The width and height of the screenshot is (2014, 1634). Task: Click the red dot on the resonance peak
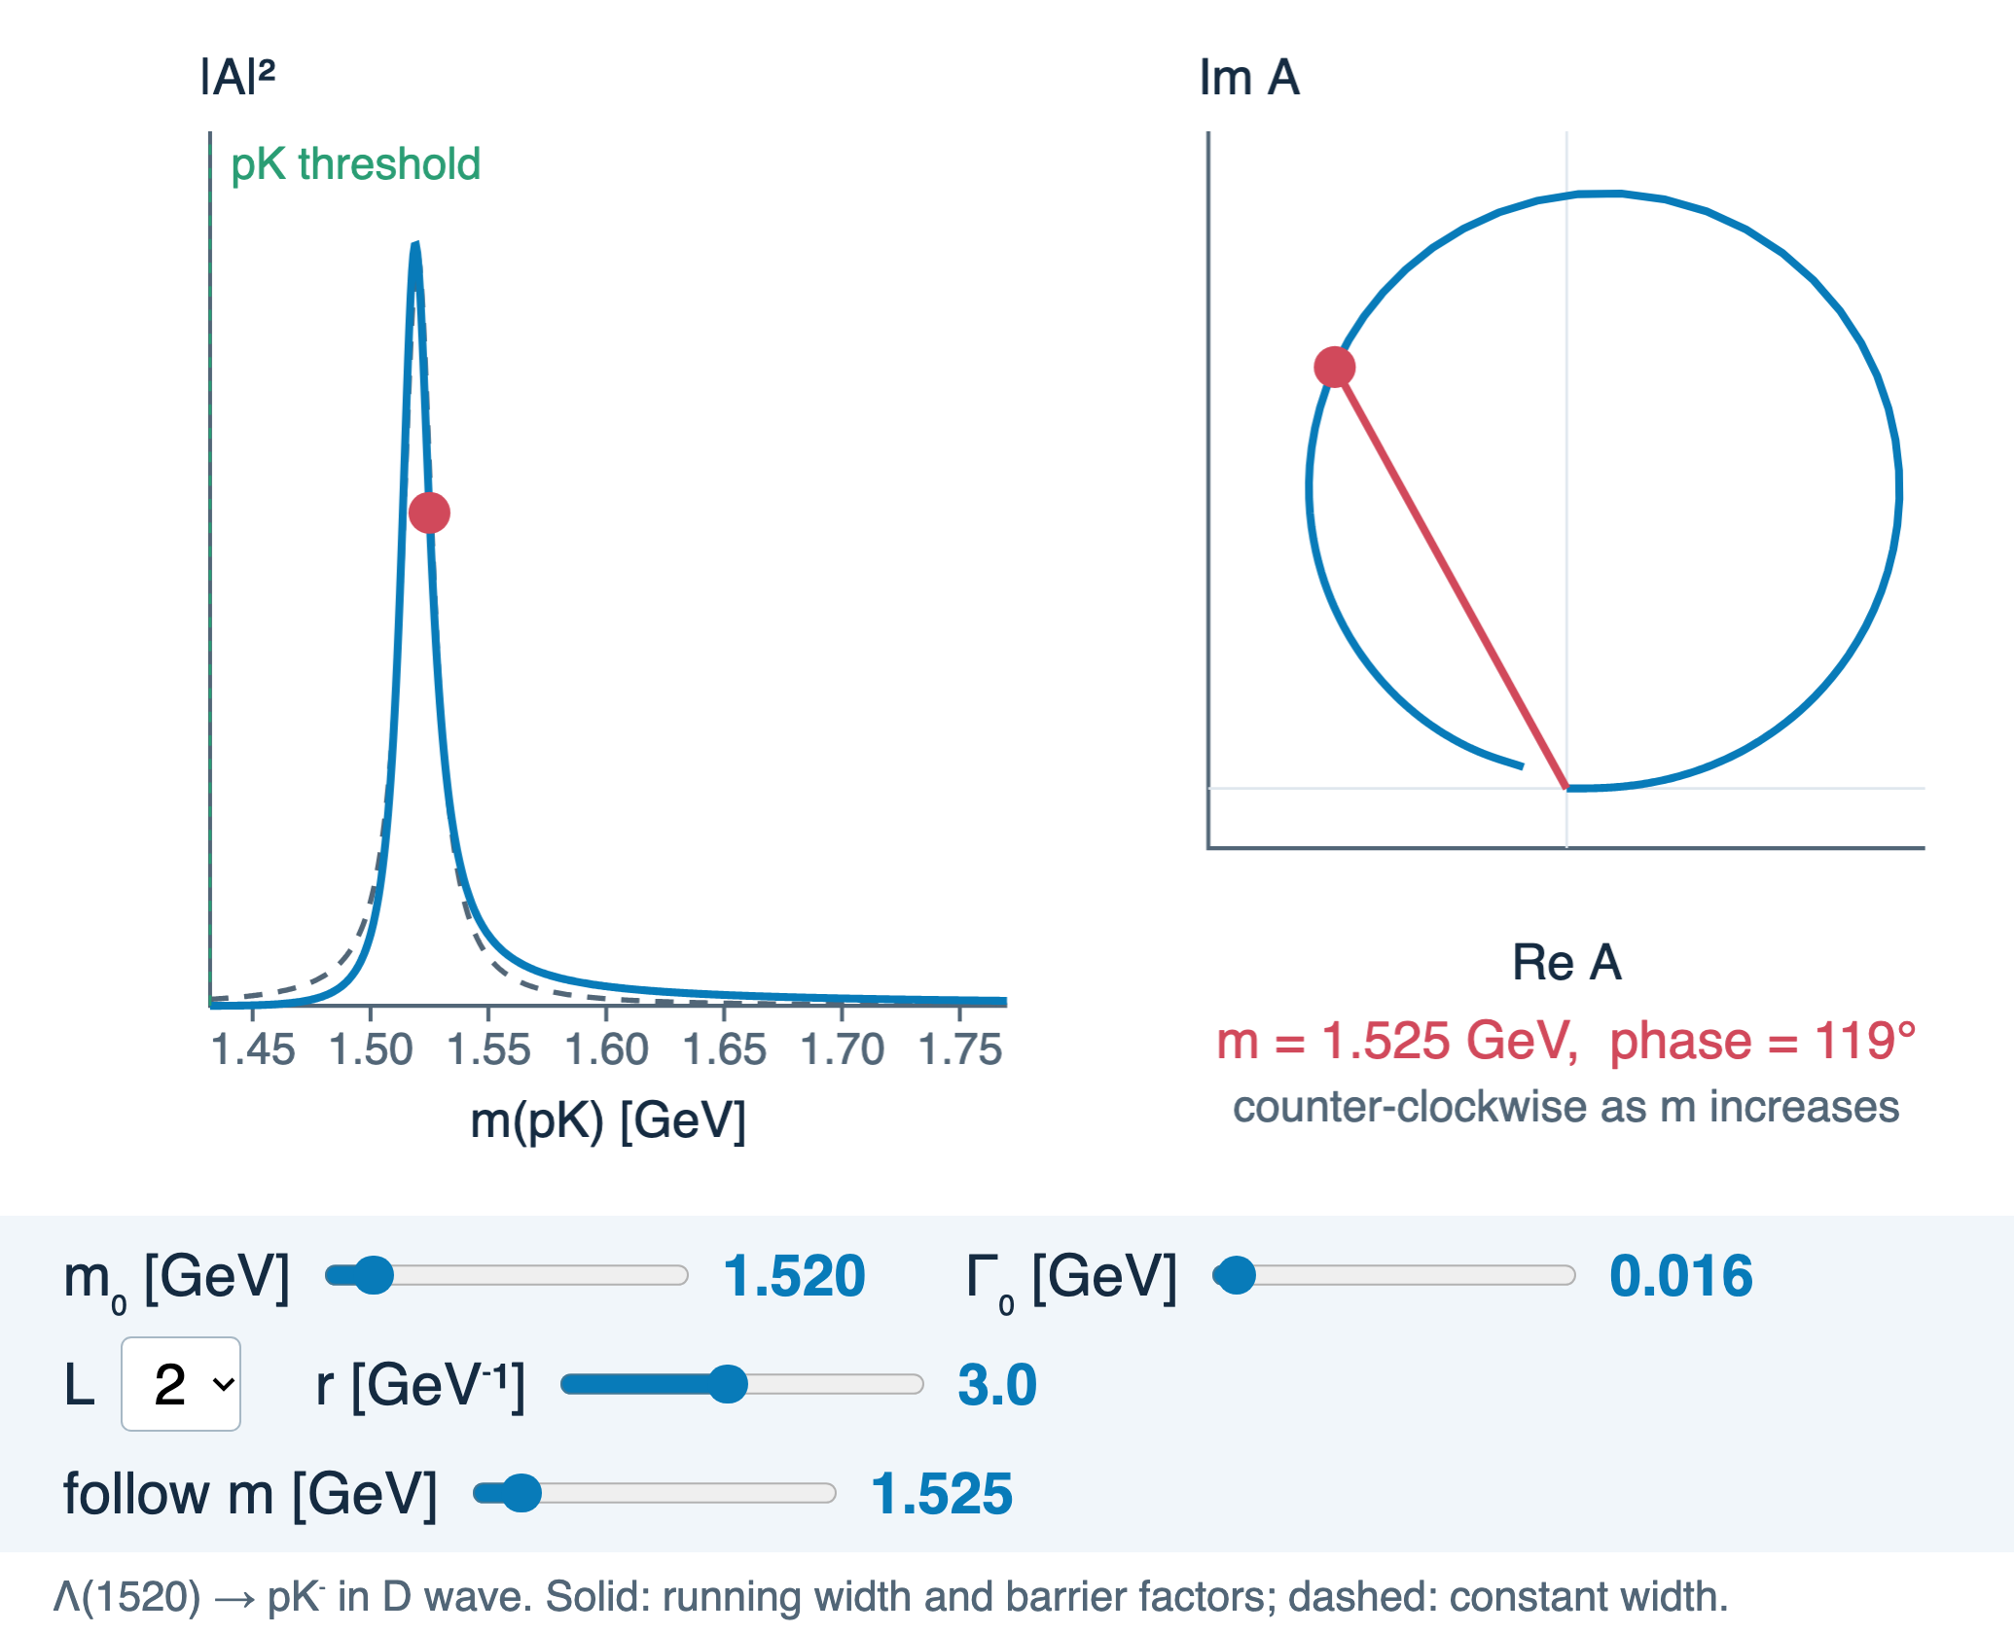tap(429, 513)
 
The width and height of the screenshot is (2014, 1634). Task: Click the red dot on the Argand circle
tap(1334, 367)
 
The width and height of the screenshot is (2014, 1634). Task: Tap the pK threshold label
tap(355, 164)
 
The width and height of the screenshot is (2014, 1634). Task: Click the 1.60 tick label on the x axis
tap(606, 1049)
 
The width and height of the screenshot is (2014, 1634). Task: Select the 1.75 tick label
tap(960, 1049)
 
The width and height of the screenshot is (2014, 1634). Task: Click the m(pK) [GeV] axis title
tap(608, 1120)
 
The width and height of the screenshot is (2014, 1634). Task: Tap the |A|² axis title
tap(237, 77)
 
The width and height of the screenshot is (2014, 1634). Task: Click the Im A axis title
tap(1249, 77)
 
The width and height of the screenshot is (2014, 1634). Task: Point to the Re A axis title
tap(1566, 962)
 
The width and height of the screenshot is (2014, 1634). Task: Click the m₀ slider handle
tap(373, 1275)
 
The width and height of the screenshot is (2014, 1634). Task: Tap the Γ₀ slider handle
tap(1237, 1275)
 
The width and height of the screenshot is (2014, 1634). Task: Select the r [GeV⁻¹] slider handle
tap(727, 1384)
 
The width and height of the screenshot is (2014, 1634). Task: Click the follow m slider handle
tap(521, 1493)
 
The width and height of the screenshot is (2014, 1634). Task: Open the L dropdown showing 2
tap(181, 1384)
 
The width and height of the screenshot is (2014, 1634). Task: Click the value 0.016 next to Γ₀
tap(1681, 1276)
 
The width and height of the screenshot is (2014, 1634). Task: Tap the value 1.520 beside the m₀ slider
tap(794, 1276)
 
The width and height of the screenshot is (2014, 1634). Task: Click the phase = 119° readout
tap(1762, 1041)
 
